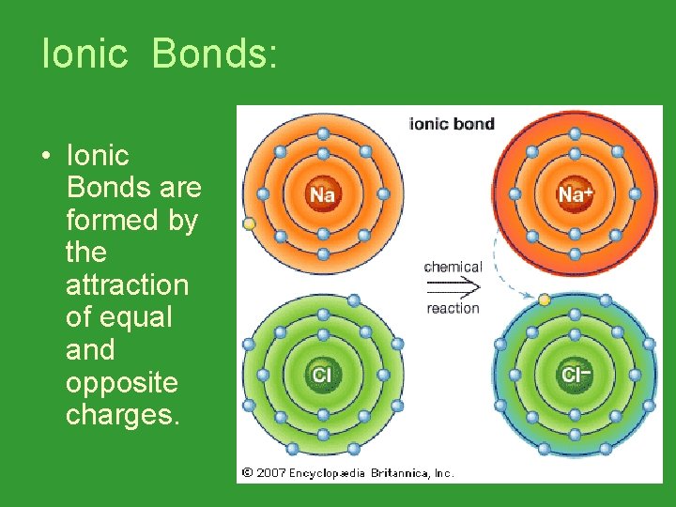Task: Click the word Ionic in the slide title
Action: [x=84, y=54]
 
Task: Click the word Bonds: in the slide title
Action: [x=213, y=54]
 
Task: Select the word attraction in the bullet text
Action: [x=127, y=285]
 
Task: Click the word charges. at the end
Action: [x=121, y=415]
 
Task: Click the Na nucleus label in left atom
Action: [x=322, y=194]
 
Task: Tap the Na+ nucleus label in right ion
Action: [x=574, y=194]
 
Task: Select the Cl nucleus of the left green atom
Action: [x=322, y=376]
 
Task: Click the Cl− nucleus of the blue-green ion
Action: [x=574, y=376]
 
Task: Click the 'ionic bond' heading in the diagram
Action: [x=452, y=124]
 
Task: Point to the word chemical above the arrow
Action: [x=453, y=267]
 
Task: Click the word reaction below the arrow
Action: [x=453, y=308]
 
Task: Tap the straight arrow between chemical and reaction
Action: [x=453, y=286]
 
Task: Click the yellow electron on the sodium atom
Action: [x=249, y=224]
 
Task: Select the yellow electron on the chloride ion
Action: [x=544, y=300]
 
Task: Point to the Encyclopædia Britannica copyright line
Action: [x=347, y=473]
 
